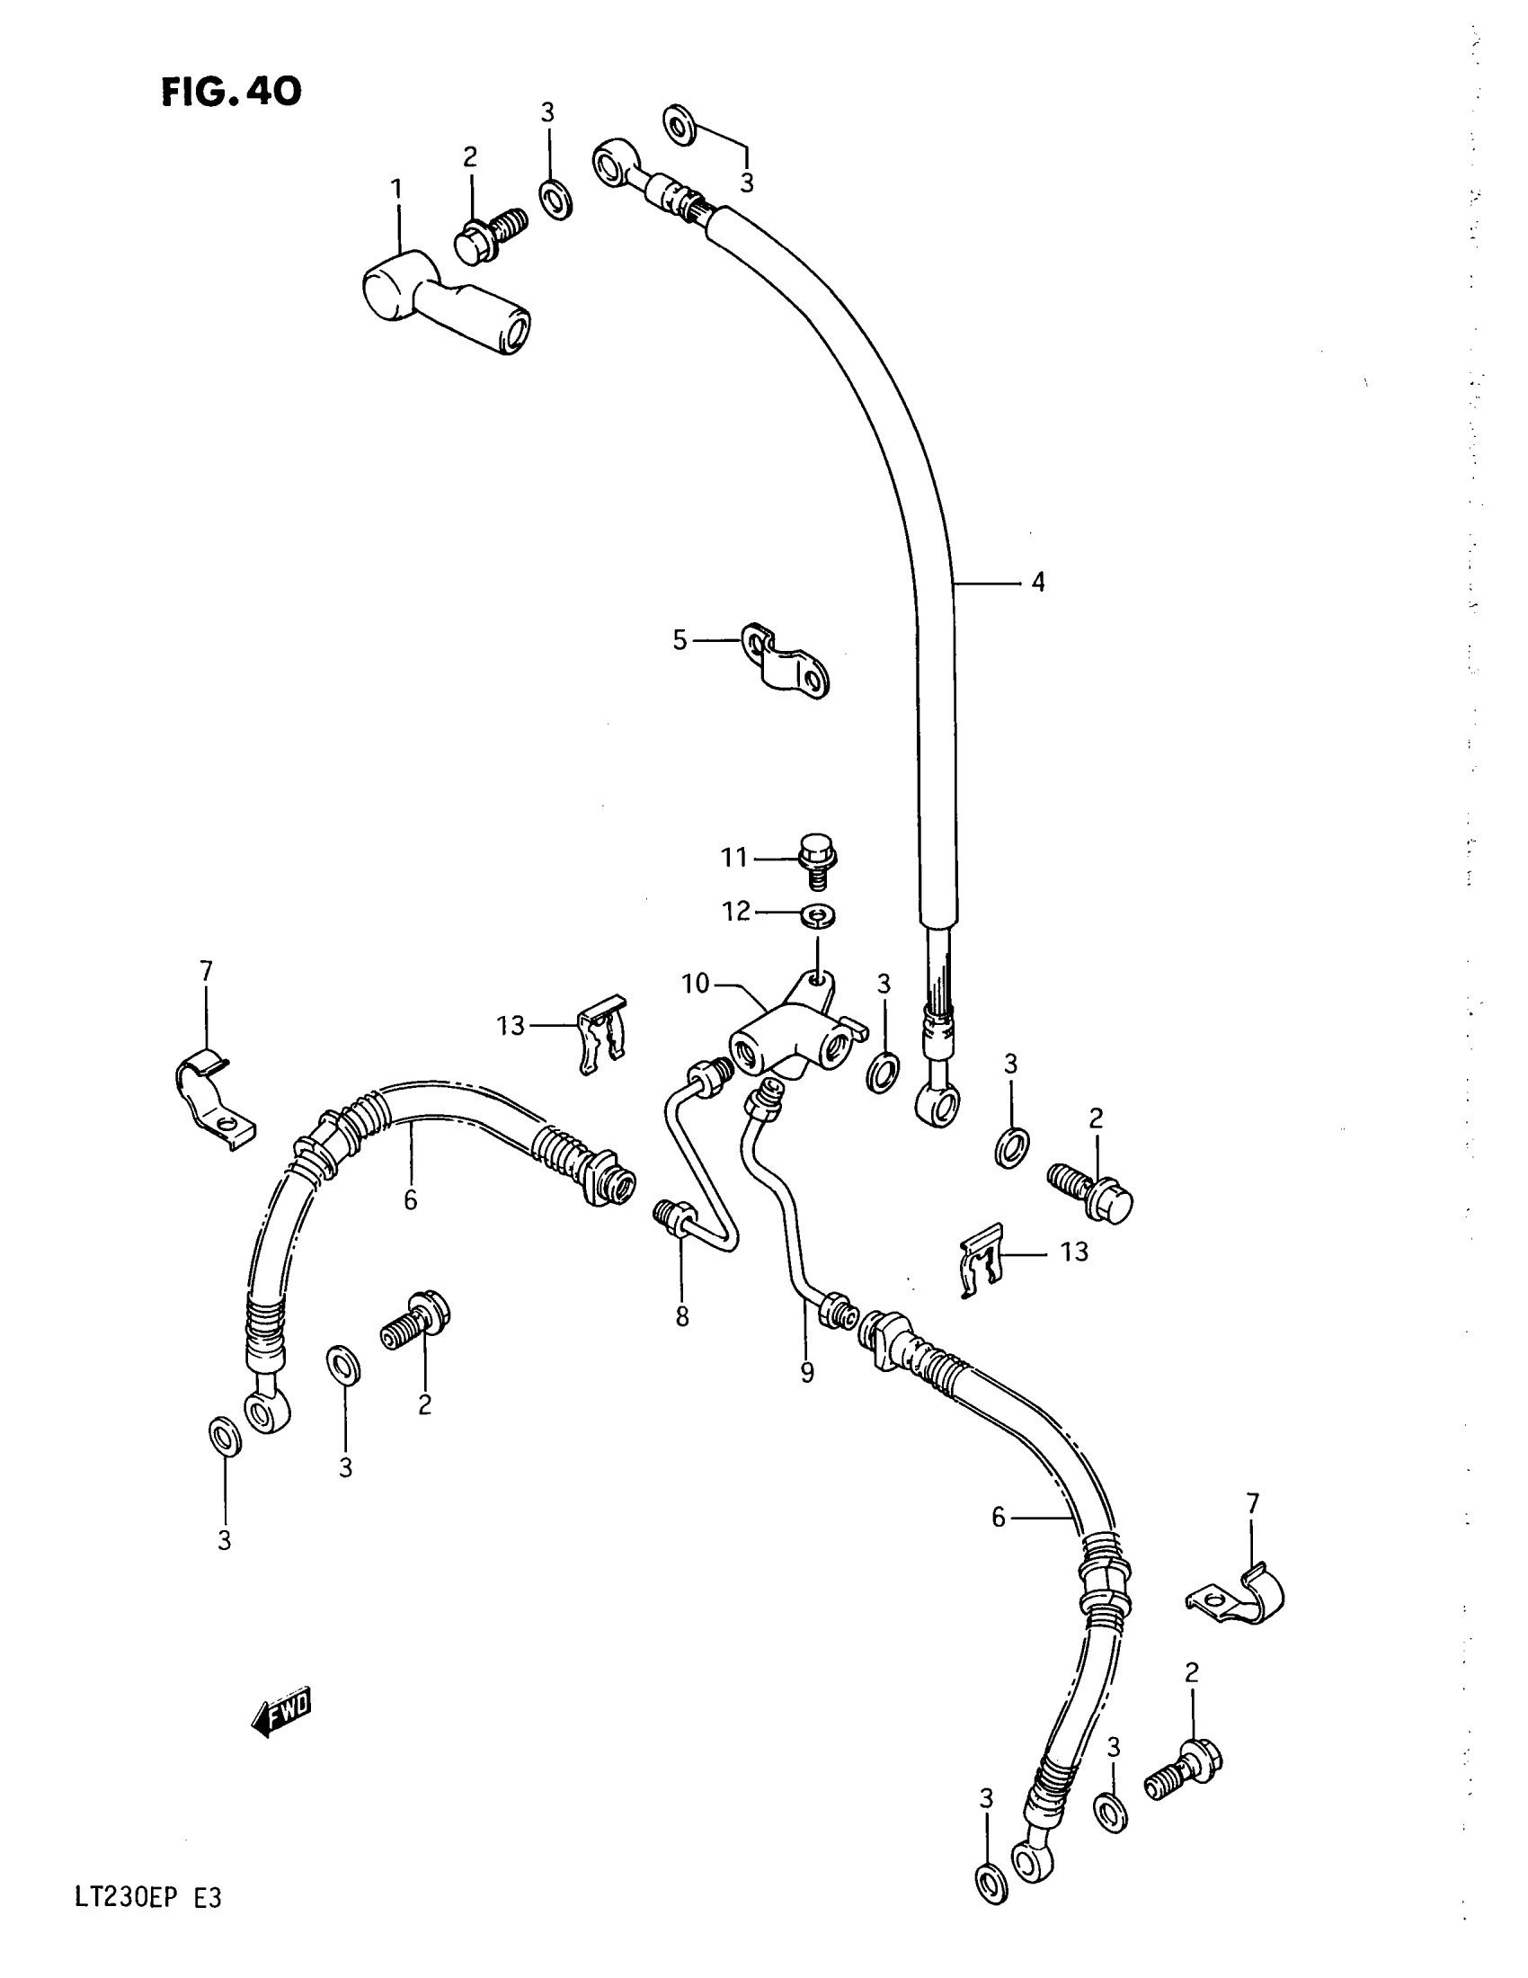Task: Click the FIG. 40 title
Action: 231,91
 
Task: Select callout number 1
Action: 396,189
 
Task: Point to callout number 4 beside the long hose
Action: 1037,583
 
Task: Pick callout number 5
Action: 680,640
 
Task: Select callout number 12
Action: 737,911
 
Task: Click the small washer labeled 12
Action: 818,916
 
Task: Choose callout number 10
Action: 695,984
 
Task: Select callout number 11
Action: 733,857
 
